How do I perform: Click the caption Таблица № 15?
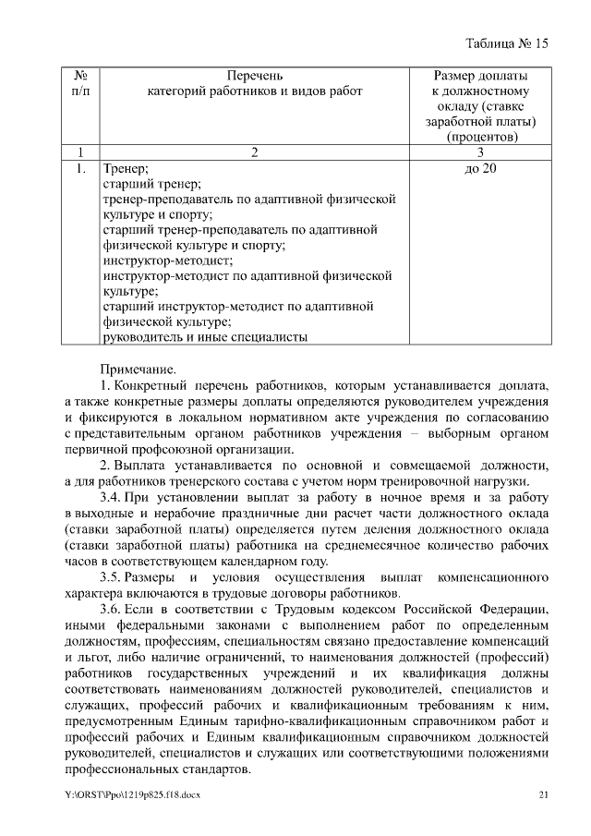click(507, 43)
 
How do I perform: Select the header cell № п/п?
click(80, 82)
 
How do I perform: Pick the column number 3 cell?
click(480, 152)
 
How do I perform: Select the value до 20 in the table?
click(480, 168)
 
